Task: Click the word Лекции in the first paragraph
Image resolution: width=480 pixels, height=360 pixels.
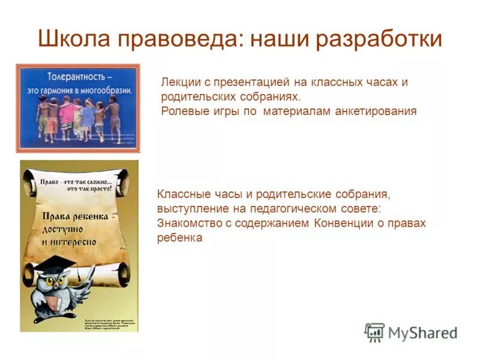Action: tap(183, 82)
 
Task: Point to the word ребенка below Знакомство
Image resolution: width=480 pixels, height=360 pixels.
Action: tap(179, 238)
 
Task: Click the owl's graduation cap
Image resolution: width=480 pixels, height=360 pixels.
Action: tap(56, 265)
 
